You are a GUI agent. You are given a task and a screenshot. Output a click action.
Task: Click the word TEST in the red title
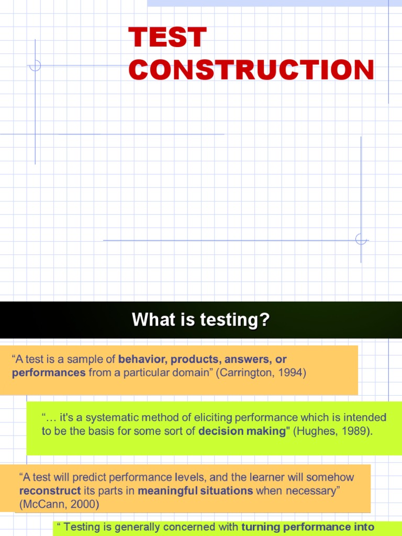[167, 38]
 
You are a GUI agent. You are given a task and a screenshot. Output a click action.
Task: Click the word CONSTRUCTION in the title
[251, 70]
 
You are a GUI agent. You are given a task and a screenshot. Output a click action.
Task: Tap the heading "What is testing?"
[200, 319]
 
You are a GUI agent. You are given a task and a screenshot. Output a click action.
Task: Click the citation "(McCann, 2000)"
[59, 504]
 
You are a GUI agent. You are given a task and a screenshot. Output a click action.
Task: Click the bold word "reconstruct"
[50, 491]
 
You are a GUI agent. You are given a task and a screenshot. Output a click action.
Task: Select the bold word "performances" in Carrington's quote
[48, 373]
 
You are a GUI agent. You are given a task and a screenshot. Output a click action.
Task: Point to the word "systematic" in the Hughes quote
[110, 418]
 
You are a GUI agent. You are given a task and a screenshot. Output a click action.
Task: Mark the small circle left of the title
[35, 66]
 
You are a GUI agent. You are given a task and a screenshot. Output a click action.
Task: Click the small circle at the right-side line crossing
[361, 240]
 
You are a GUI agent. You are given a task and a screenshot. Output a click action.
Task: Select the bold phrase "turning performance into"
[308, 527]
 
